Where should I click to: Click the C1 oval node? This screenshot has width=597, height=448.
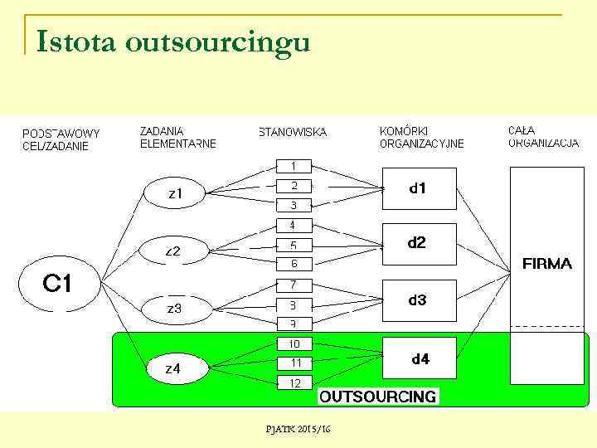57,285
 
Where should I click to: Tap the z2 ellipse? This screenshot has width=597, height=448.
172,250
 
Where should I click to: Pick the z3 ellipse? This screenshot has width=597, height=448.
174,308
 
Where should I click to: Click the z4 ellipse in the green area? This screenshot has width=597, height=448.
173,369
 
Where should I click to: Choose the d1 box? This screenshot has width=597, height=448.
419,189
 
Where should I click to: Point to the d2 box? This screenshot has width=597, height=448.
419,244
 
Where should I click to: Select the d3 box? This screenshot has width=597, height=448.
419,300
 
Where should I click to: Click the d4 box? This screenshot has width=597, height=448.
420,358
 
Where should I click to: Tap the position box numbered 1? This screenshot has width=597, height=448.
294,166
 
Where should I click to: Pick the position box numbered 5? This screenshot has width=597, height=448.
294,246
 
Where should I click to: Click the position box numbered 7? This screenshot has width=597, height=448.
294,285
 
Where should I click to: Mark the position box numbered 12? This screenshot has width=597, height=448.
294,382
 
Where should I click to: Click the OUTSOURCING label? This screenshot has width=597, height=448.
378,397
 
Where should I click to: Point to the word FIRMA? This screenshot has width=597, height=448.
547,264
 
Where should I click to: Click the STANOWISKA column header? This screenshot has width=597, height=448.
293,132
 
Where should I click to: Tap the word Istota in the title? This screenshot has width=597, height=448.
75,41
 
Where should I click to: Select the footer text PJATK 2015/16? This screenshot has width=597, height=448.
298,428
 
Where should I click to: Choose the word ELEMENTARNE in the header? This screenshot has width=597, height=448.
178,144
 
